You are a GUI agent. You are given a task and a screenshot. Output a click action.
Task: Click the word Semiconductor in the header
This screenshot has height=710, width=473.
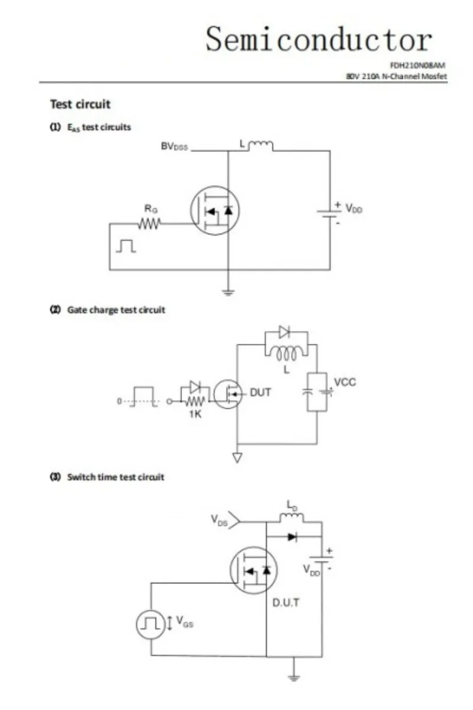click(319, 40)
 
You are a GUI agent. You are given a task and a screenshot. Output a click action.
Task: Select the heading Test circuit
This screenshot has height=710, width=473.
click(80, 104)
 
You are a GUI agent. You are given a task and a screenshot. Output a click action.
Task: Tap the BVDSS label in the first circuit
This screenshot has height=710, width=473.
click(174, 146)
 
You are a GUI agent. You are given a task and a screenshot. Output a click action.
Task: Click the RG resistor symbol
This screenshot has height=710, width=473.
click(150, 224)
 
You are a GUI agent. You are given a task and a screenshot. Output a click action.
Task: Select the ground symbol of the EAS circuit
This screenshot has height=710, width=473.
click(228, 291)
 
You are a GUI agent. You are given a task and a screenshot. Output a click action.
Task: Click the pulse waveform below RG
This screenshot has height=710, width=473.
click(126, 246)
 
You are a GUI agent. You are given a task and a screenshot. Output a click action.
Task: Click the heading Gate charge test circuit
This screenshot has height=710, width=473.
click(116, 309)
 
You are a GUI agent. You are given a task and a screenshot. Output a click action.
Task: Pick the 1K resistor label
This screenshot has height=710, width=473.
click(195, 414)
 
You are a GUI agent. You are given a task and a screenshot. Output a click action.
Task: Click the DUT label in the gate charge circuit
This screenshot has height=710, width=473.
click(261, 392)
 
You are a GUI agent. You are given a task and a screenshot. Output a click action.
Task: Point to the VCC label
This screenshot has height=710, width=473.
click(345, 382)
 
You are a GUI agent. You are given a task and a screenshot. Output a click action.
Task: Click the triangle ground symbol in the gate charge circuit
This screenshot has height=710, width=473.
click(238, 457)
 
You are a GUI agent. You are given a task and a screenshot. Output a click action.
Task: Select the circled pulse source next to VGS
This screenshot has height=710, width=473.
click(151, 623)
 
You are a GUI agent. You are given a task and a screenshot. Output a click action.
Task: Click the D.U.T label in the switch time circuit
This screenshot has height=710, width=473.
click(286, 603)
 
